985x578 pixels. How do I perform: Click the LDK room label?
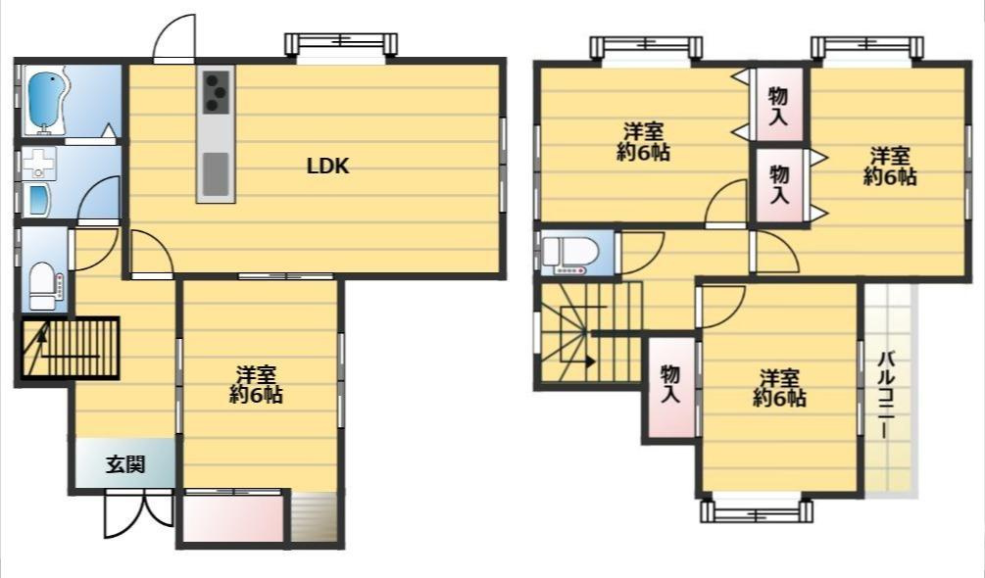[327, 167]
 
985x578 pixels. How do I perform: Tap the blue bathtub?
[45, 100]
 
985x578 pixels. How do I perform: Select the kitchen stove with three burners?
[216, 92]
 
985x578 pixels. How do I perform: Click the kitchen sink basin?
[216, 173]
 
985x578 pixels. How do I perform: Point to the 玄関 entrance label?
[125, 464]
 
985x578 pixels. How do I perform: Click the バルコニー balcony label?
[886, 396]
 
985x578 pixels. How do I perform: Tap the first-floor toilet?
[44, 285]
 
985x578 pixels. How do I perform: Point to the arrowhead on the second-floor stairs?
[591, 361]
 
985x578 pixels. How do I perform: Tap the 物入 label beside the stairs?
[670, 384]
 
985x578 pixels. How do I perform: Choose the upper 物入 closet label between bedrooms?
[778, 106]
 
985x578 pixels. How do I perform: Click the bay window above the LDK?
[341, 45]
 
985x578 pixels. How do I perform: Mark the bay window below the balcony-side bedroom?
[757, 510]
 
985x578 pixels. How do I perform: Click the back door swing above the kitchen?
[174, 37]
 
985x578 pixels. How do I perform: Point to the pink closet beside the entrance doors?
[232, 518]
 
